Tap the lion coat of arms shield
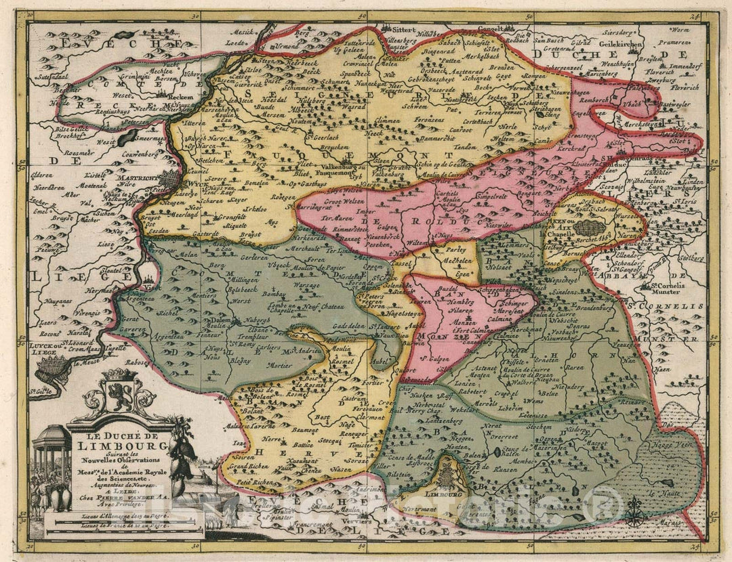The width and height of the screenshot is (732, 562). pyautogui.click(x=118, y=396)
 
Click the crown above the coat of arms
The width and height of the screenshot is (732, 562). pyautogui.click(x=118, y=373)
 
